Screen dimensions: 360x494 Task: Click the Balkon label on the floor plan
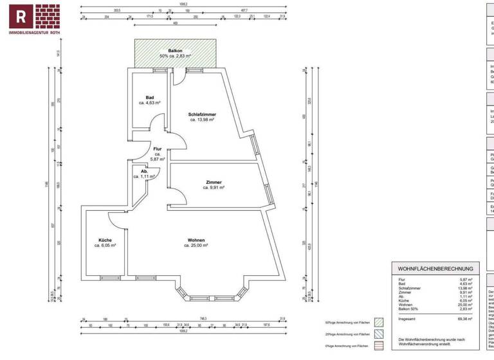click(x=176, y=50)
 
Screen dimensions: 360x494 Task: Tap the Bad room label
click(x=150, y=98)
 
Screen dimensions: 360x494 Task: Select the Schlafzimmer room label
click(x=201, y=114)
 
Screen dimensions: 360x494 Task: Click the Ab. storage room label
click(x=145, y=172)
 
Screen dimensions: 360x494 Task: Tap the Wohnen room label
click(x=197, y=240)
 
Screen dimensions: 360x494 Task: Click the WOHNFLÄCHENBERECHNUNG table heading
click(x=435, y=268)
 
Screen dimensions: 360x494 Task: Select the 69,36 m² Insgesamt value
click(x=464, y=318)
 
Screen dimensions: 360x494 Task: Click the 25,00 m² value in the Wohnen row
click(x=465, y=304)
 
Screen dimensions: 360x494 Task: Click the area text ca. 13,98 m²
click(x=201, y=120)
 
